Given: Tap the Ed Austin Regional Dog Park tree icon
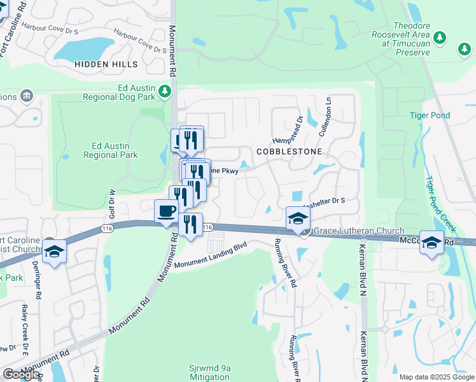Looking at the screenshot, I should [x=165, y=92].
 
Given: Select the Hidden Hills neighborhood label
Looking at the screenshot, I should [x=106, y=64].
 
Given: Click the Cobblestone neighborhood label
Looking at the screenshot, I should [x=289, y=152].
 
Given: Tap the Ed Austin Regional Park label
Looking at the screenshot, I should [x=111, y=150].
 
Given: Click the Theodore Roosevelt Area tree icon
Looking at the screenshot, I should [x=439, y=39].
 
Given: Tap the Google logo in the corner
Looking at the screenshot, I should [x=21, y=374].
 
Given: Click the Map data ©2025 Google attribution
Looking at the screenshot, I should [x=437, y=377].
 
